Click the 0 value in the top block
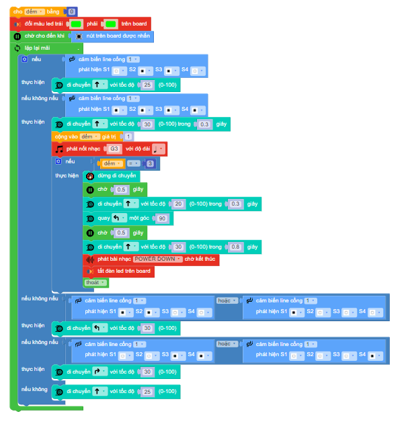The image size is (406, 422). click(x=72, y=11)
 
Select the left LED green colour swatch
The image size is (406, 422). click(x=81, y=24)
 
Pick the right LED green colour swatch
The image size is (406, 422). click(x=112, y=24)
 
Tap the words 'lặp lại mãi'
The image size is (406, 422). click(x=38, y=48)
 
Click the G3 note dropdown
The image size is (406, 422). click(x=115, y=149)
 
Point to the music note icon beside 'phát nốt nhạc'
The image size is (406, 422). click(x=59, y=149)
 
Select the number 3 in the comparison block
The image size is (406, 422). click(x=151, y=163)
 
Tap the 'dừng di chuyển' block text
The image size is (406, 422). click(x=117, y=176)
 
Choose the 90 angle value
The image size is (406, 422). click(x=161, y=218)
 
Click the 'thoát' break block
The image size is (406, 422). click(x=92, y=283)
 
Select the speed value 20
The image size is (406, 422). click(x=177, y=204)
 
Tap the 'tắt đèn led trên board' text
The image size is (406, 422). click(x=124, y=271)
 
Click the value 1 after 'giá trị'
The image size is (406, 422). click(x=129, y=136)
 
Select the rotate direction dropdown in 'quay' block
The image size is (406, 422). click(x=118, y=218)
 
